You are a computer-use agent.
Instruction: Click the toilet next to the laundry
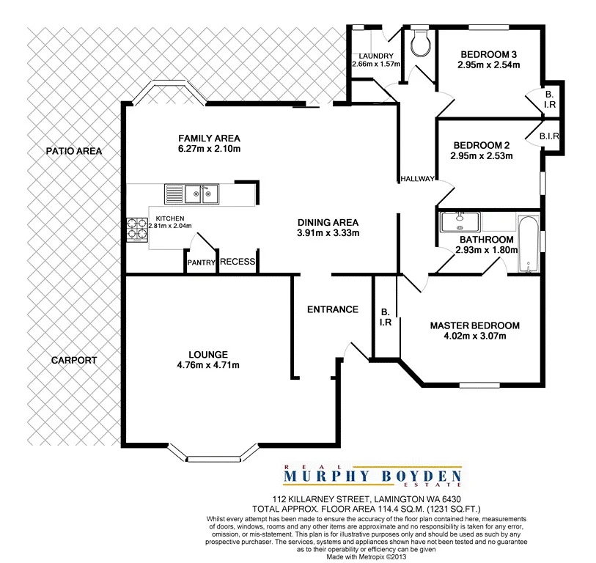pos(421,43)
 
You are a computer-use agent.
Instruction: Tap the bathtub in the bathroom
pos(529,244)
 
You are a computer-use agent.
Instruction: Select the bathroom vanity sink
pos(460,221)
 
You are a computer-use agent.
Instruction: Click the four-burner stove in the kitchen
pos(136,230)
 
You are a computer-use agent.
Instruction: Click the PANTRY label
pos(200,262)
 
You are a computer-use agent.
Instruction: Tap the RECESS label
pos(237,262)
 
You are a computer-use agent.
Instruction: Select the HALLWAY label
pos(418,180)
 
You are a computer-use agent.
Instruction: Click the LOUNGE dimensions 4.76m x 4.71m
pos(209,365)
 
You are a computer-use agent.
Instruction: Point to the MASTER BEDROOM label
pos(474,325)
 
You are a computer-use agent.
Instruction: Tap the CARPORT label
pos(74,361)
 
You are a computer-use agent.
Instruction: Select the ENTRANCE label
pos(332,309)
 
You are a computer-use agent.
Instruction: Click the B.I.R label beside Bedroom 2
pos(549,136)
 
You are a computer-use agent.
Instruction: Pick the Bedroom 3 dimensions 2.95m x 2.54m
pos(489,65)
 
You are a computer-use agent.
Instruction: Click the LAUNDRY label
pos(376,56)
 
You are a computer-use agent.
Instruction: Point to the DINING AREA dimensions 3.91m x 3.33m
pos(328,234)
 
